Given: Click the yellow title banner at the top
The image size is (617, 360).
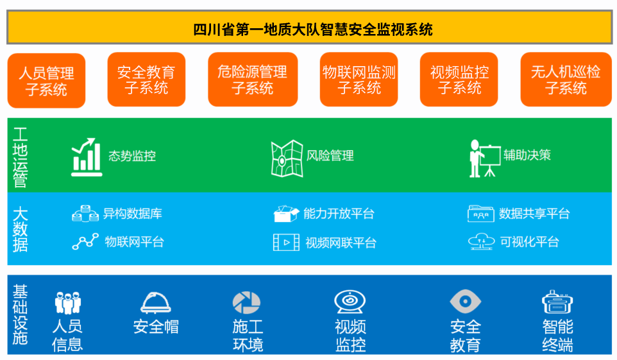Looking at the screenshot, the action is (x=309, y=27).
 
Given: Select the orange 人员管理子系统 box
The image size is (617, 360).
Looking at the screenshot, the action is (x=46, y=81).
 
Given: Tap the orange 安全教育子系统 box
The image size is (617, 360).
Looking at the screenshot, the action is (x=146, y=80).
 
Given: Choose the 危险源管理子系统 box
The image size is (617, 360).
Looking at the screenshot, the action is (x=253, y=80).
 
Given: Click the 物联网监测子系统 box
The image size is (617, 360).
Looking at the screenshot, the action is (x=359, y=80).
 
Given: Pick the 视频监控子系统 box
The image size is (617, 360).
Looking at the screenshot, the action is (x=459, y=80).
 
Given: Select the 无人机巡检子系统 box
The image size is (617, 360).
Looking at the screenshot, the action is (x=566, y=80).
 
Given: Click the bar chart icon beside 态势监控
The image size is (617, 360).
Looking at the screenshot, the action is (x=87, y=157).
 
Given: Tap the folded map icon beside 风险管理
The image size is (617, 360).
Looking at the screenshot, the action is (x=287, y=159).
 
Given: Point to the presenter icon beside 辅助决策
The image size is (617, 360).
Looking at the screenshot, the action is (x=485, y=159).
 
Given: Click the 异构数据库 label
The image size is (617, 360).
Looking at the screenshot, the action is (x=133, y=214).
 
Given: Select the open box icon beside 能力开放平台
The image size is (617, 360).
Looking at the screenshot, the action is (x=286, y=214).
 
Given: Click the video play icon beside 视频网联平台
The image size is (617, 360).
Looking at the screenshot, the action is (x=286, y=242).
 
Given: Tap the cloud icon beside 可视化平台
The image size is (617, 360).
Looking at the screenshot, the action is (x=481, y=241).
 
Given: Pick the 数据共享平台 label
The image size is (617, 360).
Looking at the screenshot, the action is (x=534, y=214).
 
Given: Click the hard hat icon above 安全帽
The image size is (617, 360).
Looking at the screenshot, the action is (x=156, y=303).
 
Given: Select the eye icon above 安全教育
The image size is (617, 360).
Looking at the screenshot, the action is (x=466, y=302).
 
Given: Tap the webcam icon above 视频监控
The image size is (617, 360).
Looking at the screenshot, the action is (x=350, y=302).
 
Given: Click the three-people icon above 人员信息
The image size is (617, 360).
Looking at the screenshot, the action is (x=68, y=303).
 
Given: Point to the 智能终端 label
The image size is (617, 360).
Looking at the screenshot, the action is (x=557, y=336).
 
